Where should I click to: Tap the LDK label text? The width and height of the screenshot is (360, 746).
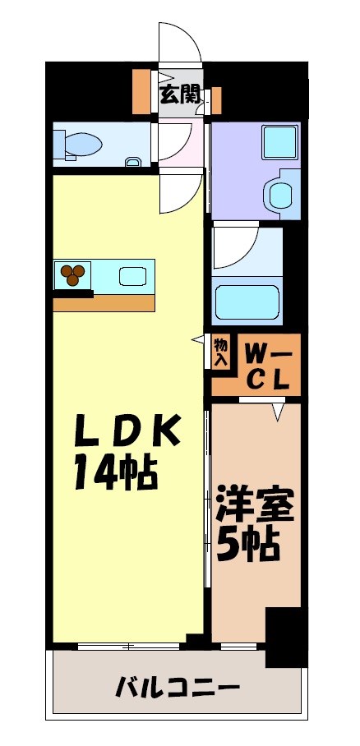pyautogui.click(x=127, y=431)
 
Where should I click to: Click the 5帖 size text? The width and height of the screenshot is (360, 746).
pyautogui.click(x=247, y=544)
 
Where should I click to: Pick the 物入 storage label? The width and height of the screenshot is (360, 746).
pyautogui.click(x=220, y=352)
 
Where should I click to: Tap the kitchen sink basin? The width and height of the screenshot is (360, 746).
pyautogui.click(x=132, y=276)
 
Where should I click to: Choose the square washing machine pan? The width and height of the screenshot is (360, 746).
pyautogui.click(x=278, y=141)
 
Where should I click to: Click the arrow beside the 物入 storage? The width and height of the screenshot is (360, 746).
pyautogui.click(x=198, y=338)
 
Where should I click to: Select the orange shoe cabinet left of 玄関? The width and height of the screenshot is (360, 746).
pyautogui.click(x=141, y=91)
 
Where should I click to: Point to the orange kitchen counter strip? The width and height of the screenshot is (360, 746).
pyautogui.click(x=104, y=302)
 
